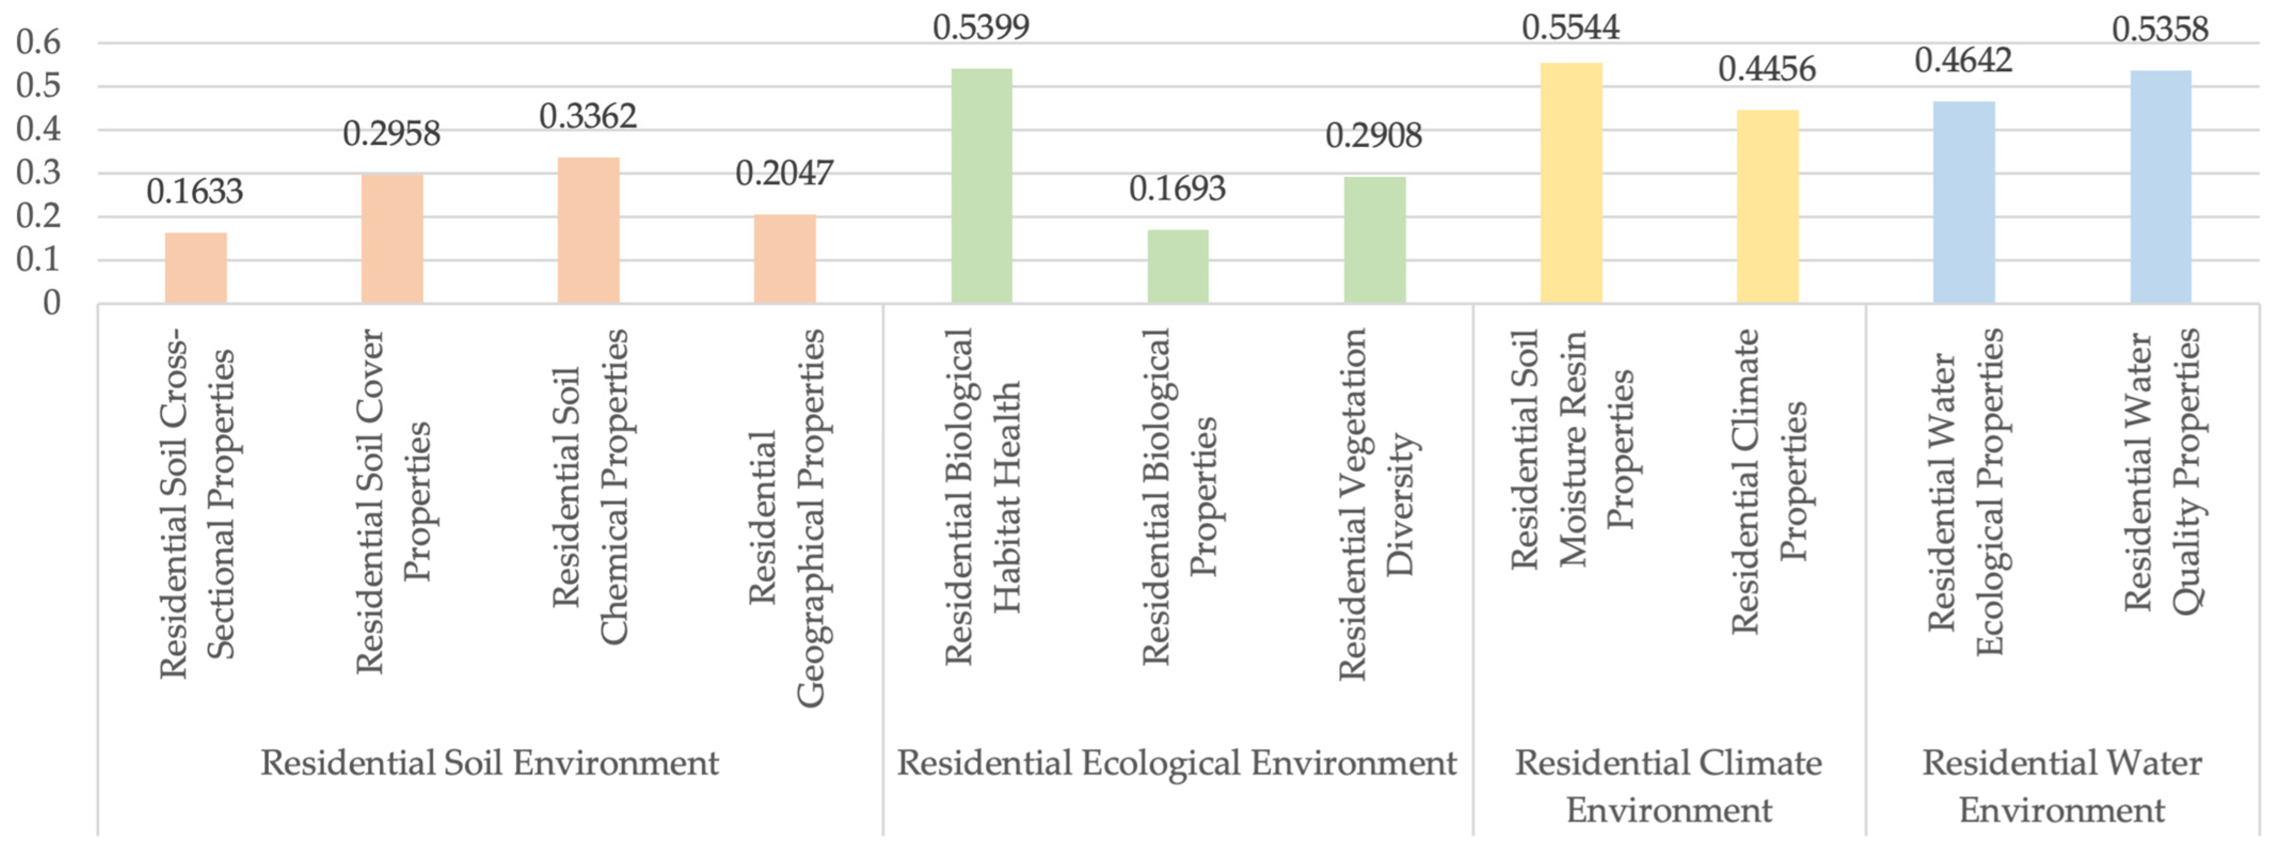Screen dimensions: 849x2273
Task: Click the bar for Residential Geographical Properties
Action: click(x=785, y=259)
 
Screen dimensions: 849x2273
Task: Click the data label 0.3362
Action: click(x=588, y=116)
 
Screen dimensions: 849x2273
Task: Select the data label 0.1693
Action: click(x=1177, y=188)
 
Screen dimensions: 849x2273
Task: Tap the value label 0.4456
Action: click(x=1767, y=69)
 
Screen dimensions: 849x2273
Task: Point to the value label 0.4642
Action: click(x=1963, y=60)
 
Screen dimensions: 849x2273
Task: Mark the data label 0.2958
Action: click(x=391, y=133)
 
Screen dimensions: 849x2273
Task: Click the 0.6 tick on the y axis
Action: click(x=39, y=42)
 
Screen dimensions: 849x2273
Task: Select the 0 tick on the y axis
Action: click(x=51, y=303)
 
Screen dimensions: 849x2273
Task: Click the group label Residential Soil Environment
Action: click(x=490, y=763)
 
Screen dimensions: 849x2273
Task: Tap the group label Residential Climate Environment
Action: click(x=1669, y=785)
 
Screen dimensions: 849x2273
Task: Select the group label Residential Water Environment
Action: click(x=2062, y=785)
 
